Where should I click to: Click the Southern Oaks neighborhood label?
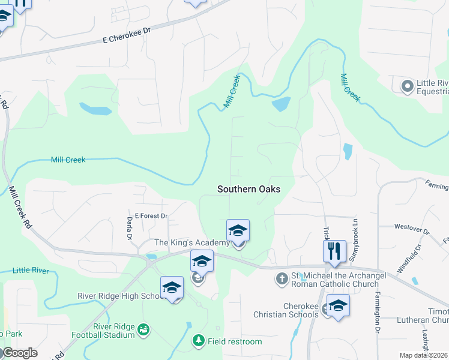249,188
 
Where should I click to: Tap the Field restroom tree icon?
198,341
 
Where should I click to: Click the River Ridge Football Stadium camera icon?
143,329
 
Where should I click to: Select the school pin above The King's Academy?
238,230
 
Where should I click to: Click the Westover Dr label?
412,229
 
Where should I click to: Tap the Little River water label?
31,271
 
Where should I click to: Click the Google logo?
19,353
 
